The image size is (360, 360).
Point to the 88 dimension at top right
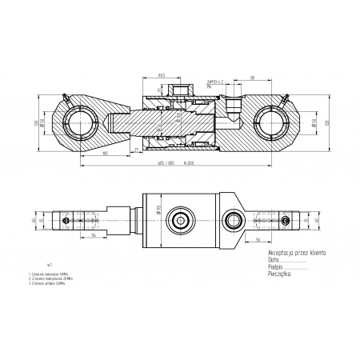(x=251, y=78)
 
